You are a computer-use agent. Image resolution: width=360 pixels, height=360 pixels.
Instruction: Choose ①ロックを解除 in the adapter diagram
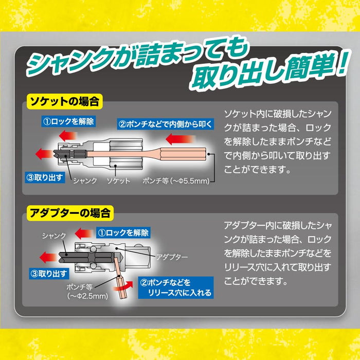[123, 233]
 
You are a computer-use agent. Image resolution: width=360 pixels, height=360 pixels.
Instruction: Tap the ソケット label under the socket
[118, 181]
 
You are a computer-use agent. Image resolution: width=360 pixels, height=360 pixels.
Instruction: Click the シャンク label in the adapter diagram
[54, 235]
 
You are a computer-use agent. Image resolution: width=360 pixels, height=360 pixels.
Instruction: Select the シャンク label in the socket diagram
[85, 181]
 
